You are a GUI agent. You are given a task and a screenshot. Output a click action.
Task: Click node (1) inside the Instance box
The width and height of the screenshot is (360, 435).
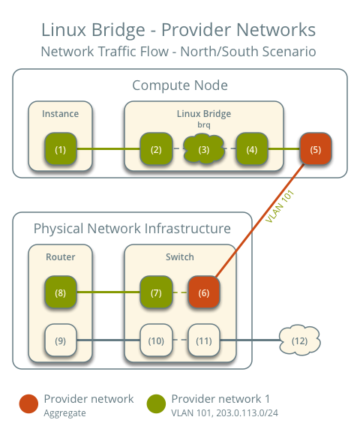[60, 149]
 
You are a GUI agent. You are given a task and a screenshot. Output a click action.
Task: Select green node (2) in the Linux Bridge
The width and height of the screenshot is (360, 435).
[156, 149]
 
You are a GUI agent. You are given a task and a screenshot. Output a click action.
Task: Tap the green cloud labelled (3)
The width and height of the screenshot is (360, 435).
[204, 149]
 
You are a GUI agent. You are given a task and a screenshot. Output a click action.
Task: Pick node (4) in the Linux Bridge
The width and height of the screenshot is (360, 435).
[252, 149]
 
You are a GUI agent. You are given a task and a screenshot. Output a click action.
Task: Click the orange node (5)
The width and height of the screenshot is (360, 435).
[315, 149]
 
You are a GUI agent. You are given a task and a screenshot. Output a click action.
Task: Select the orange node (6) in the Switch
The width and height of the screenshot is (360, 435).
[203, 292]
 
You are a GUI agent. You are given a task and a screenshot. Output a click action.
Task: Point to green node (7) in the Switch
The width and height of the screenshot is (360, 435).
[156, 292]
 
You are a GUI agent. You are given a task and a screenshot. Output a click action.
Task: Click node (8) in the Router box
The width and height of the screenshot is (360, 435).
[60, 292]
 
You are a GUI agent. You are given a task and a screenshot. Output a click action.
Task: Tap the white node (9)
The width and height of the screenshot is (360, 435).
[60, 341]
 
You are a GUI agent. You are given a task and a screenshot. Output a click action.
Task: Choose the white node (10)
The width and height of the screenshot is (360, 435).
[156, 341]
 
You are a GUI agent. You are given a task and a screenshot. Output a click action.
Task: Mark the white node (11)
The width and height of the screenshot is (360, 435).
[203, 341]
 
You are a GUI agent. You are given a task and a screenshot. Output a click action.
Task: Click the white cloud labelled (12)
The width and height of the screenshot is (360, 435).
[299, 341]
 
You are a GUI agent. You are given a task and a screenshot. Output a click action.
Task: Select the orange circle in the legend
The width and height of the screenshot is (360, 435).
[28, 403]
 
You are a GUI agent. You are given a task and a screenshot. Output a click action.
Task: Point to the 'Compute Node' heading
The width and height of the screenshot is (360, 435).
[180, 85]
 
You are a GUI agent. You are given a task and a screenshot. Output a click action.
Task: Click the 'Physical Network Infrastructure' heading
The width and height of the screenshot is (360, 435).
[132, 228]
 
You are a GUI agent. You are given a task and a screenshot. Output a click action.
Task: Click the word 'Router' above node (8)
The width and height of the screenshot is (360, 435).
[60, 256]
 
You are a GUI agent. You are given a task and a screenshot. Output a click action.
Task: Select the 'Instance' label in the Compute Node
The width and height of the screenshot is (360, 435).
[60, 113]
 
